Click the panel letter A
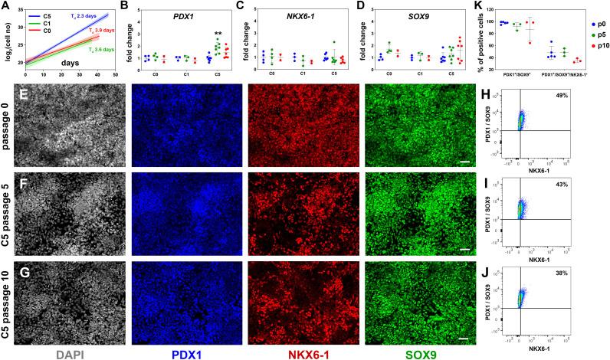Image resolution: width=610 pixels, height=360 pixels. click(7, 6)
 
